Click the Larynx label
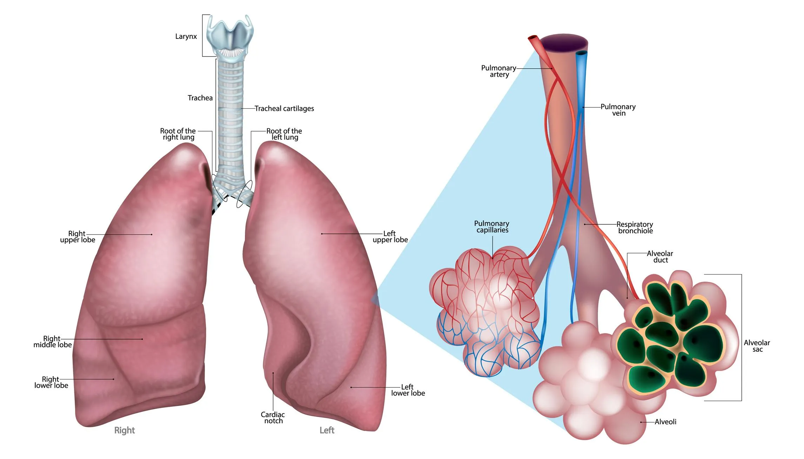click(x=186, y=36)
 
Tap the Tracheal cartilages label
click(x=284, y=109)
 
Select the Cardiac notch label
click(x=273, y=418)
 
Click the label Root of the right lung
click(x=178, y=134)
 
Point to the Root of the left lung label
click(x=284, y=134)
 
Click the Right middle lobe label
click(x=52, y=342)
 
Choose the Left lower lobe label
click(x=408, y=390)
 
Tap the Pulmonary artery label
click(x=499, y=71)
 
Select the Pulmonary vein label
click(x=618, y=110)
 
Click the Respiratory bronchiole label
click(x=635, y=228)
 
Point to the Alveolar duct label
click(x=660, y=257)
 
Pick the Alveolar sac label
click(x=757, y=346)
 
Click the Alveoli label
click(x=665, y=422)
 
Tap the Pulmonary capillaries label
click(x=492, y=227)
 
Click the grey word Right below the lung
click(x=125, y=430)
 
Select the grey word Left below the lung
click(x=327, y=430)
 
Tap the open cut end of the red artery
click(x=533, y=38)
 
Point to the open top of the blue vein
click(x=582, y=53)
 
